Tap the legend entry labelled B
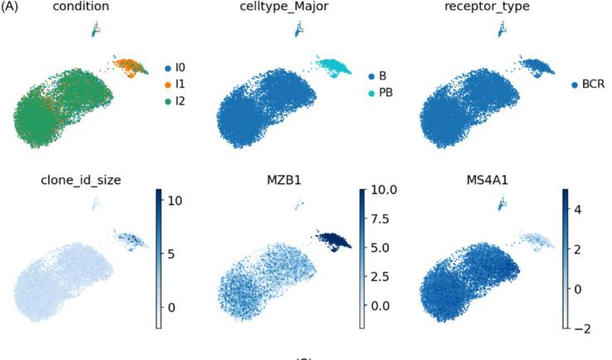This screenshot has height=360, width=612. [x=384, y=75]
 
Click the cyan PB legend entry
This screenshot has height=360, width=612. [x=386, y=92]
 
